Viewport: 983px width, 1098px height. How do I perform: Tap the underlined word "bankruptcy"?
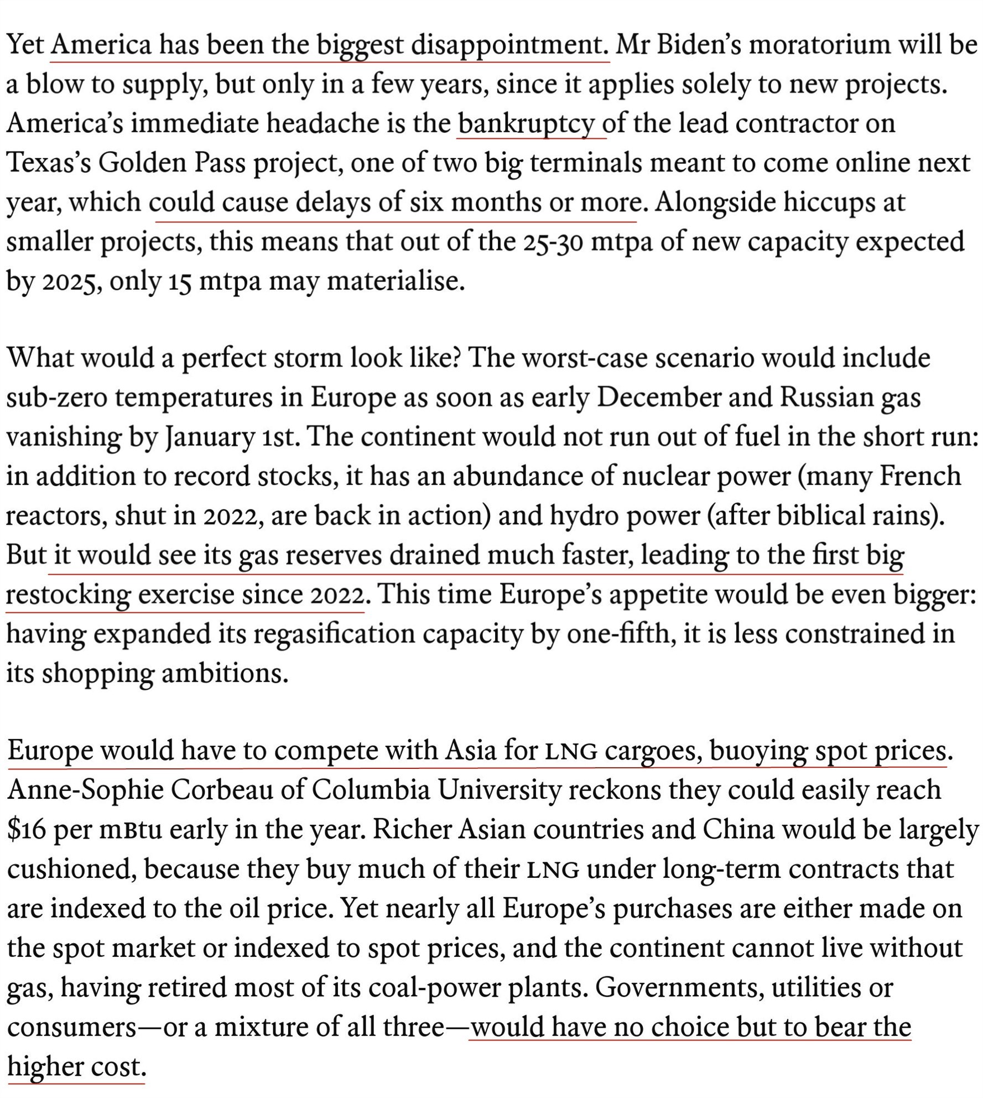tap(526, 124)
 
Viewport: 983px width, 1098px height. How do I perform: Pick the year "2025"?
tap(72, 282)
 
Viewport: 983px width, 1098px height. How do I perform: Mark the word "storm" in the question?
tap(308, 358)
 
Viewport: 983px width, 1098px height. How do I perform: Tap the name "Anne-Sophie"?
tap(85, 790)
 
